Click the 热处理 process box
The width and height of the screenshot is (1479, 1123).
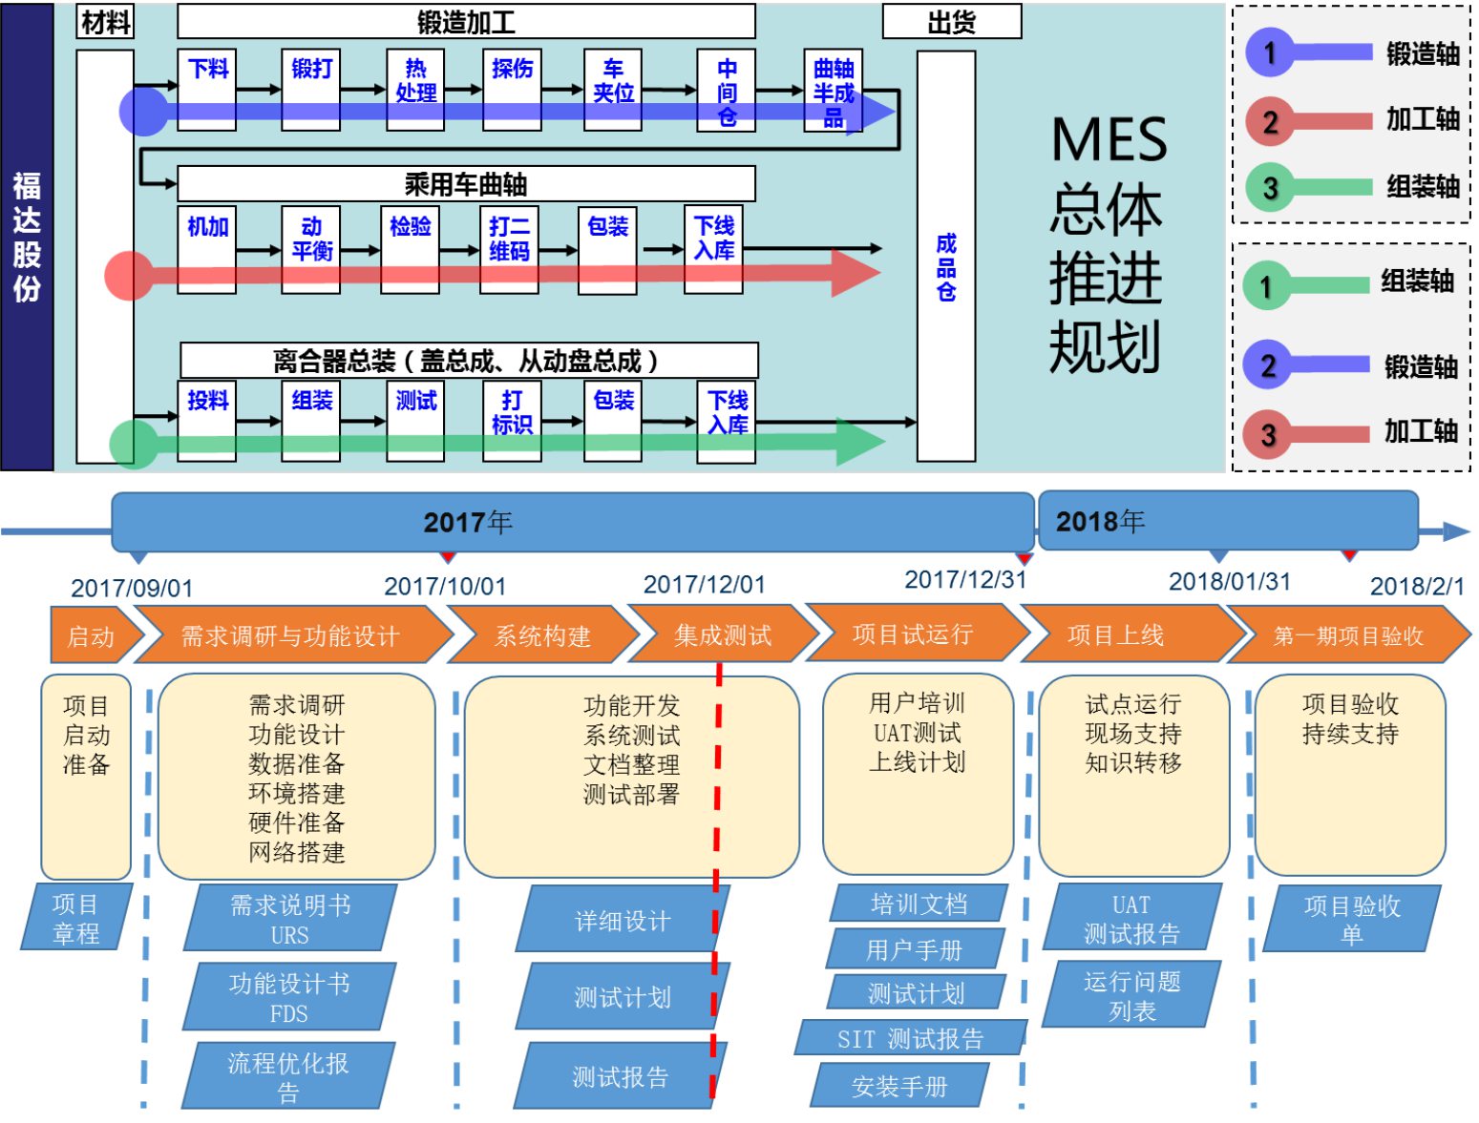(x=415, y=89)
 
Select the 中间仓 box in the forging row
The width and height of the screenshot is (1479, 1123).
(x=726, y=89)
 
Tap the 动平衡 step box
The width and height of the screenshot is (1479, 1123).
(x=311, y=248)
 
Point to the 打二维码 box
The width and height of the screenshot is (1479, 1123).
(x=510, y=248)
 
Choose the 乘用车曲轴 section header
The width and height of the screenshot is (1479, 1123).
(x=466, y=183)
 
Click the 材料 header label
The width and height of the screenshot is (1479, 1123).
(x=105, y=22)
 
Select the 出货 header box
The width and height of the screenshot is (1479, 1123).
(x=951, y=22)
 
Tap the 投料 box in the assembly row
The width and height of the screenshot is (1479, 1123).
(x=207, y=421)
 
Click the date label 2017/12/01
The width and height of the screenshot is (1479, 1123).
(x=704, y=584)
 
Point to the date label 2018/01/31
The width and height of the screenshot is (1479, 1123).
(x=1229, y=581)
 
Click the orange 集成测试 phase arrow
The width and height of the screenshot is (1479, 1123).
(x=722, y=634)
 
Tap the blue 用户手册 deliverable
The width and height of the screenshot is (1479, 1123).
(x=914, y=949)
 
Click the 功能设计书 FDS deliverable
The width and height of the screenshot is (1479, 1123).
(x=288, y=997)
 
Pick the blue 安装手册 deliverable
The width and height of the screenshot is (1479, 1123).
(x=899, y=1086)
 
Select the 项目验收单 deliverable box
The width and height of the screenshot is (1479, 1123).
(x=1351, y=919)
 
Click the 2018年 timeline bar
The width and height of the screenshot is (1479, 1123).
(x=1226, y=521)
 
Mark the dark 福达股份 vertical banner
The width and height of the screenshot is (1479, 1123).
(x=27, y=237)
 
